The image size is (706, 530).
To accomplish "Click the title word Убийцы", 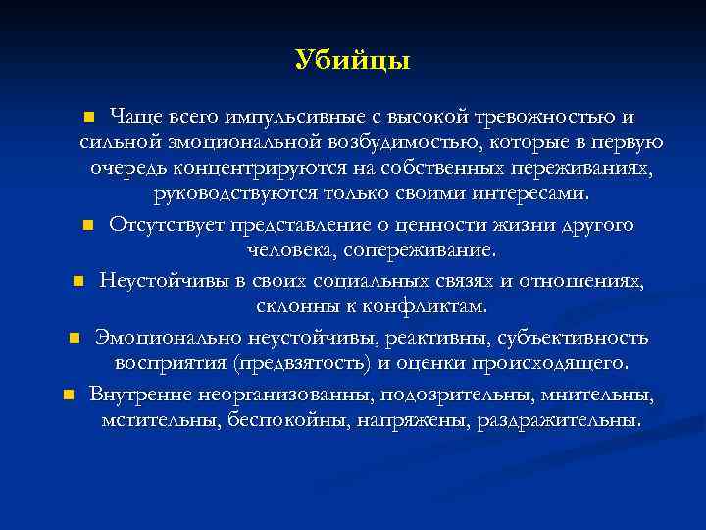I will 352,60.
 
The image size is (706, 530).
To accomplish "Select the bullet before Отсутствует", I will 88,226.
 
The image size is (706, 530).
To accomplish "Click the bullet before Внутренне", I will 68,396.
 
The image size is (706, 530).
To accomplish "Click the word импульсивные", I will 283,117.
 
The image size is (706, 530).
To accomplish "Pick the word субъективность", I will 573,338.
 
